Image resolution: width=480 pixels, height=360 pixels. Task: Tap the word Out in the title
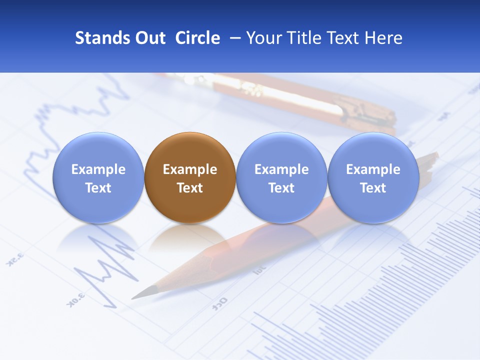150,38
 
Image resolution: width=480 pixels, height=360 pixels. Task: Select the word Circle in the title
197,38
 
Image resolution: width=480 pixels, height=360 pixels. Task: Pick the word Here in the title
384,38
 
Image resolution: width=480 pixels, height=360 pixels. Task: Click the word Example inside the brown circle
190,169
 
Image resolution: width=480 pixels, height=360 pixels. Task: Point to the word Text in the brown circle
190,188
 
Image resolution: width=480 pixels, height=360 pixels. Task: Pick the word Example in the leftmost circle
98,169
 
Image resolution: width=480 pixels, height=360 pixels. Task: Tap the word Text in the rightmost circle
373,188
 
